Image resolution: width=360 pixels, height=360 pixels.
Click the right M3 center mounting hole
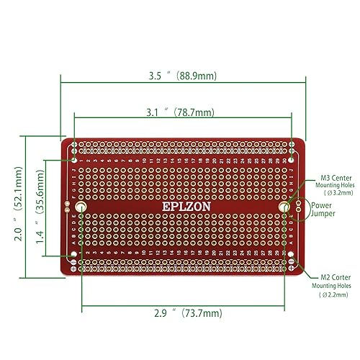coord(286,207)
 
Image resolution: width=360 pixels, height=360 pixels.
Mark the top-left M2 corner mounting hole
coord(73,145)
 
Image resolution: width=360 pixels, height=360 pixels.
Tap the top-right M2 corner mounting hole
coord(292,145)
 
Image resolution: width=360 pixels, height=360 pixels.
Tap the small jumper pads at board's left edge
coord(67,207)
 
